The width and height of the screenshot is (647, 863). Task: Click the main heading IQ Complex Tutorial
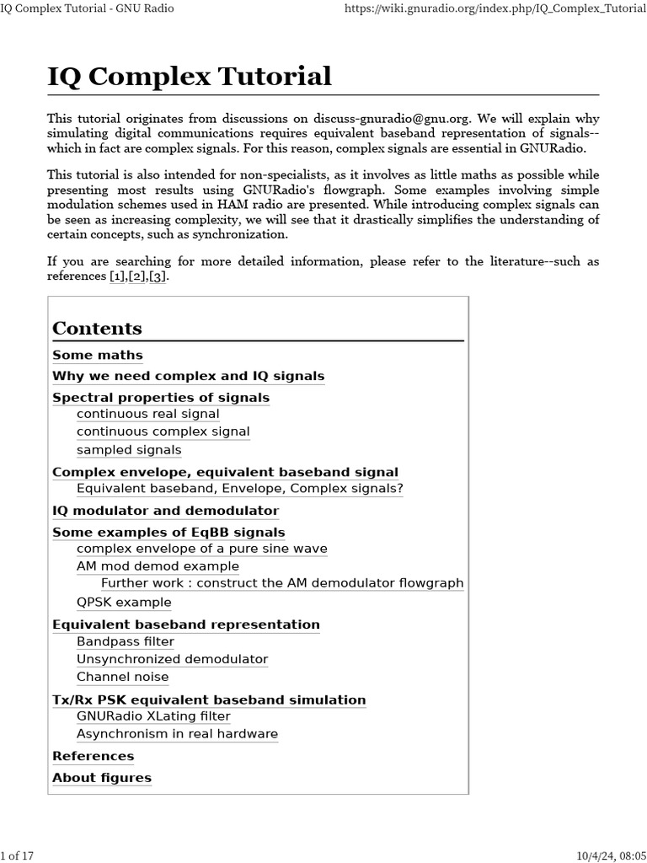[x=190, y=77]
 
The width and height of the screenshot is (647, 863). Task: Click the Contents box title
[x=97, y=328]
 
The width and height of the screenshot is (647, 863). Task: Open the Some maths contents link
[x=98, y=355]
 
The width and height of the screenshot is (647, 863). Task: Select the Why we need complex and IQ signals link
[x=188, y=376]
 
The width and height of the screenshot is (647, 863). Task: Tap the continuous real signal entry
[x=147, y=414]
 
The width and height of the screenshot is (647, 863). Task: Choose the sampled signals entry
[x=129, y=450]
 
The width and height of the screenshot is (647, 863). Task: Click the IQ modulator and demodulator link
[x=165, y=511]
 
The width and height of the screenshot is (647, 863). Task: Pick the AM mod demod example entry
[x=158, y=566]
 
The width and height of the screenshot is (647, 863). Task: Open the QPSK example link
[x=124, y=603]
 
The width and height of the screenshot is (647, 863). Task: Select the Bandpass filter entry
[x=126, y=641]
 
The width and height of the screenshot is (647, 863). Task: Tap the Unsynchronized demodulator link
[x=172, y=659]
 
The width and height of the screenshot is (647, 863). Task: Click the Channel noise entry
[x=122, y=677]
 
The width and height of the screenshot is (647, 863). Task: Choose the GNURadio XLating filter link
[x=153, y=716]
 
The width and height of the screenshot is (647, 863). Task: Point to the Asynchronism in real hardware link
[x=177, y=734]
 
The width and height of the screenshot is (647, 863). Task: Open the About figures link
[x=102, y=778]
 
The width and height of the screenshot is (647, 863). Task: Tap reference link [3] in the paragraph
[x=158, y=276]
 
